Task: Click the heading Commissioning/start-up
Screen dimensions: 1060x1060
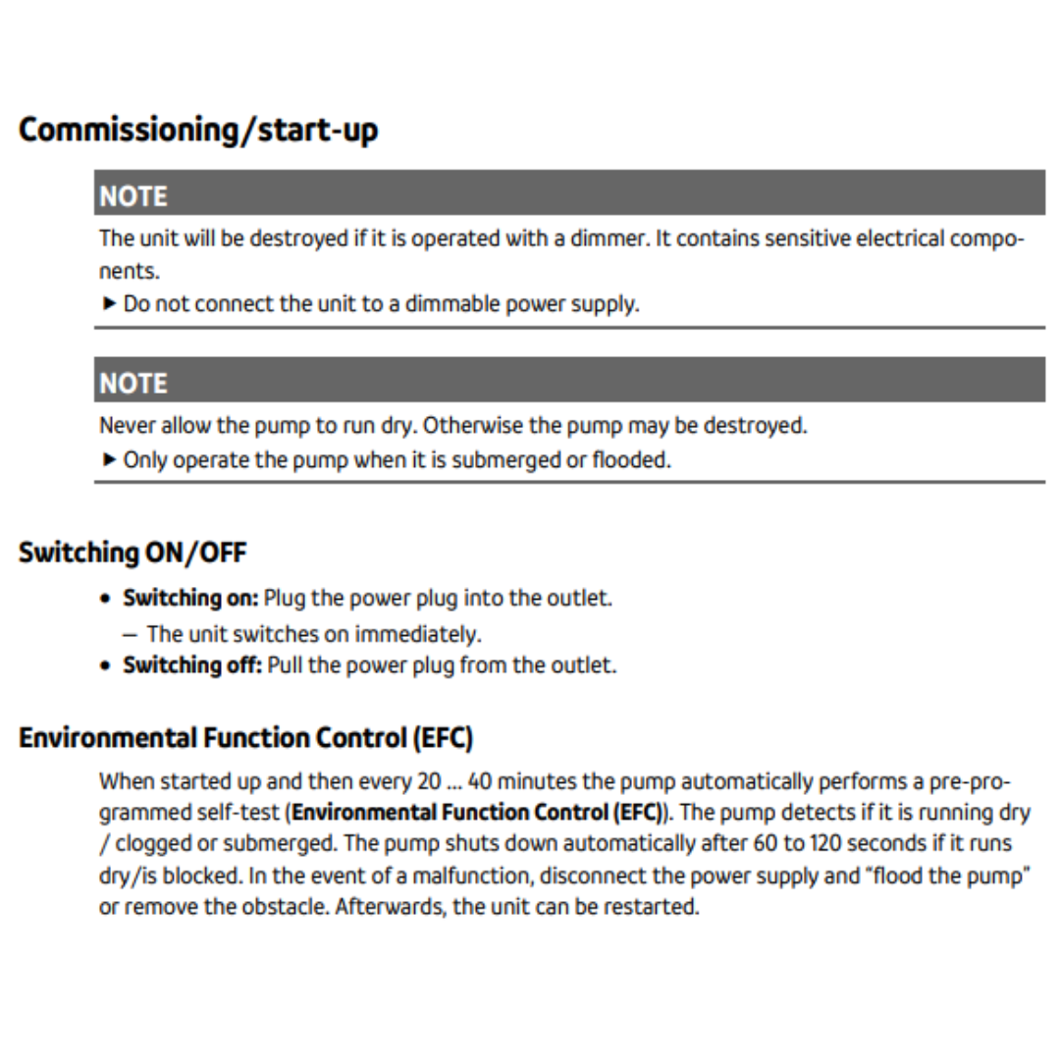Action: [x=197, y=130]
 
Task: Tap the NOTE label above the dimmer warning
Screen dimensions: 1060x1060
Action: [x=133, y=196]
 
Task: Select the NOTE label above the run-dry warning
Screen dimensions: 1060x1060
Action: [x=133, y=383]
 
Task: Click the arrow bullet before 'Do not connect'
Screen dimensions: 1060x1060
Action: [x=109, y=303]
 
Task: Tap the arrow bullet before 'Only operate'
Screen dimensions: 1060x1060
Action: [x=109, y=459]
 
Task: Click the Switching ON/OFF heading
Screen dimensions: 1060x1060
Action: [x=132, y=553]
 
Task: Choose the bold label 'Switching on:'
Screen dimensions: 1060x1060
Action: [x=190, y=598]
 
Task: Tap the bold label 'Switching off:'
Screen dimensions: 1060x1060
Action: [x=192, y=664]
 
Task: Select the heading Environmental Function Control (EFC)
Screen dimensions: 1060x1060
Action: [x=245, y=737]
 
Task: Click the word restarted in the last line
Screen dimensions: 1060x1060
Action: [x=653, y=906]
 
